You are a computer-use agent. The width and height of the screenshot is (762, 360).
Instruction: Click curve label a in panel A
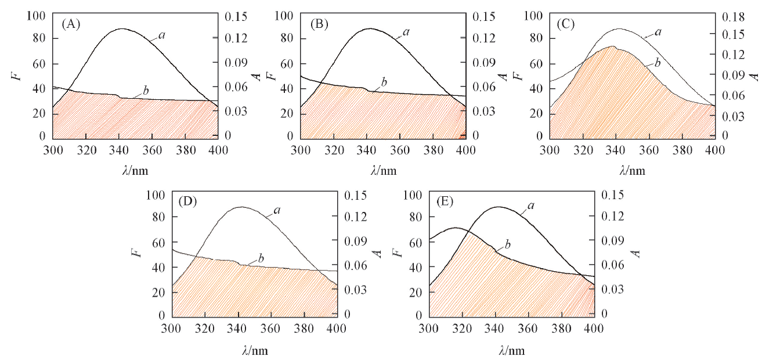coord(162,36)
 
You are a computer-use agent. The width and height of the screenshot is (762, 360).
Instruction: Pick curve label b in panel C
coord(656,62)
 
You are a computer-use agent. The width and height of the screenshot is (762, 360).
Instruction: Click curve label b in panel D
coord(261,258)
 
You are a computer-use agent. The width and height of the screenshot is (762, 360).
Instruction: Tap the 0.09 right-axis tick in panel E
coord(615,241)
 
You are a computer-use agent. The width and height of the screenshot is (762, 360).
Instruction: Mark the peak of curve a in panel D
coord(240,207)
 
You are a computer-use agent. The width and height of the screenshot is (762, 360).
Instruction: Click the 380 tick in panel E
coord(561,329)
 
